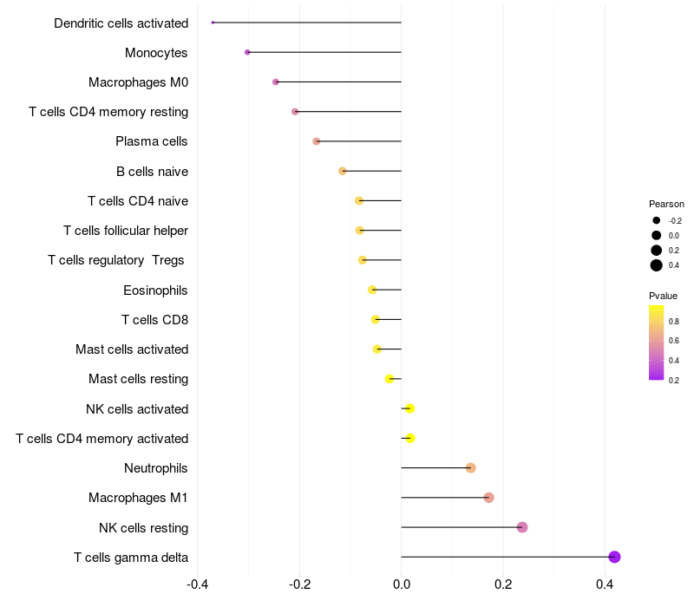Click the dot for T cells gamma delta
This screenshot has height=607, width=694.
coord(614,557)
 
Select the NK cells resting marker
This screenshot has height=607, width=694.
coord(522,527)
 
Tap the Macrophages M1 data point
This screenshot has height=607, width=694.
coord(488,498)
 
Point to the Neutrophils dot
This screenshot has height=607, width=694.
coord(471,468)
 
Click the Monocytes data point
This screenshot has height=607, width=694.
coord(247,52)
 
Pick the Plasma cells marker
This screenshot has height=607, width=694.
coord(317,141)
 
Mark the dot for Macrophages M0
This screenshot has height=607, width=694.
coord(276,82)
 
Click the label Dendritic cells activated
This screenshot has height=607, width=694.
coord(121,23)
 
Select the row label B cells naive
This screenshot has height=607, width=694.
coord(152,172)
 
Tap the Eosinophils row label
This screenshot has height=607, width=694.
coord(155,290)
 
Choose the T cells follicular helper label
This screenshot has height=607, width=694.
coord(126,231)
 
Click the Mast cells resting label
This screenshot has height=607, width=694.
coord(138,379)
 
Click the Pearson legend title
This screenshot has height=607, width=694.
coord(666,204)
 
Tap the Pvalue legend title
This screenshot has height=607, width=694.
coord(663,296)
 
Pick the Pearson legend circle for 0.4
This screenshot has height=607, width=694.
coord(657,265)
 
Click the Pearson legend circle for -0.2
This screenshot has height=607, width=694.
coord(657,220)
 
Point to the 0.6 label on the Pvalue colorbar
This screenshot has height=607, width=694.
coord(674,341)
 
